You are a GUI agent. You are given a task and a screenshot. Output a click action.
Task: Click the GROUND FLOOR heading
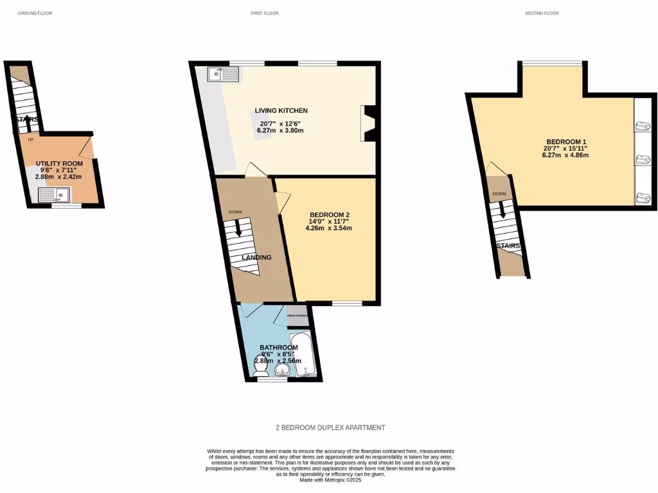(x=35, y=13)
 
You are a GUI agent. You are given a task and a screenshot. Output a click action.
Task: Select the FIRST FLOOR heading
(x=264, y=13)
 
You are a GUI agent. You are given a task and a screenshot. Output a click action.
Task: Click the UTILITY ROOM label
(x=59, y=164)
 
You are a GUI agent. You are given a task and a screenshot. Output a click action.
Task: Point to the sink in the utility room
(x=52, y=195)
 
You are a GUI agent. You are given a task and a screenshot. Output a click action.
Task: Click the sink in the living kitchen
(x=223, y=74)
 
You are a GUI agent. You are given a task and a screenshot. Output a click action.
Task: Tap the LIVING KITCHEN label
(x=281, y=110)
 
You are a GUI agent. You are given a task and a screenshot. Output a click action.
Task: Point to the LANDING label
(x=256, y=257)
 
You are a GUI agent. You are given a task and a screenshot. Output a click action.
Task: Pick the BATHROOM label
(x=278, y=348)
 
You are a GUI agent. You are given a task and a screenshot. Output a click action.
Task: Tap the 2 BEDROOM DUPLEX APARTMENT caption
(x=330, y=428)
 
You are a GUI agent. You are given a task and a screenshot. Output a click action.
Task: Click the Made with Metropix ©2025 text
(x=330, y=480)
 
